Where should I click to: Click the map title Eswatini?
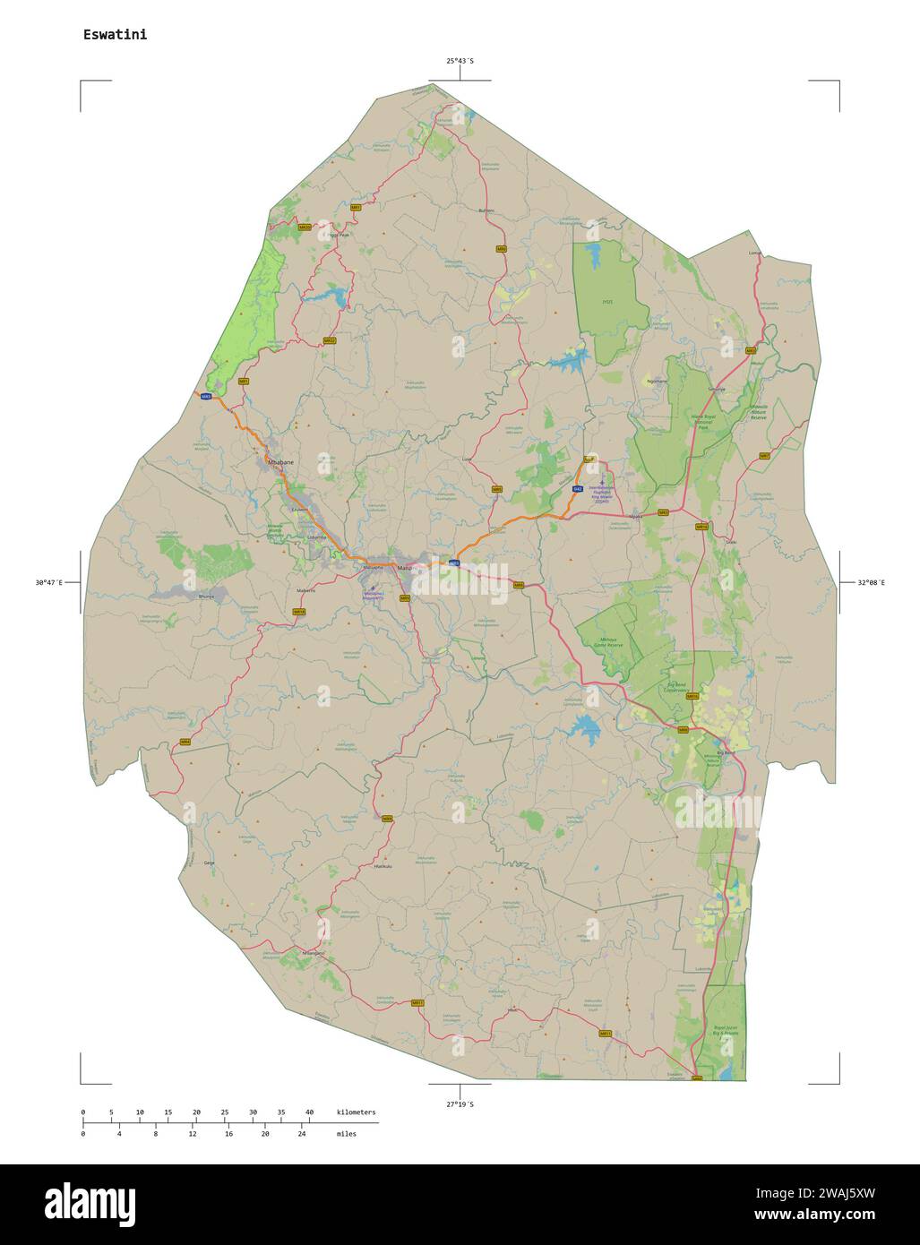(115, 35)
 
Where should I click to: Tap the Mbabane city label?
(280, 462)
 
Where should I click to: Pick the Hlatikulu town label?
(383, 866)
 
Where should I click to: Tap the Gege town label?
(210, 863)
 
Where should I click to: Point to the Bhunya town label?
(207, 595)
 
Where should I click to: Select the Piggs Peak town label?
(339, 236)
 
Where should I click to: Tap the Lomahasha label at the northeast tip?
(753, 253)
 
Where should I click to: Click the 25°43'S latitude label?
(460, 61)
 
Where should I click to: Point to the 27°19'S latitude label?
(460, 1104)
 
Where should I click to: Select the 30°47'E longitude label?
(48, 583)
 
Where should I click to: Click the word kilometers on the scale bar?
(357, 1112)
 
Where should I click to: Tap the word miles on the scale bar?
(346, 1134)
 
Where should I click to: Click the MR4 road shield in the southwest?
(185, 742)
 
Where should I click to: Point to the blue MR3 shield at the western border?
(206, 397)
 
